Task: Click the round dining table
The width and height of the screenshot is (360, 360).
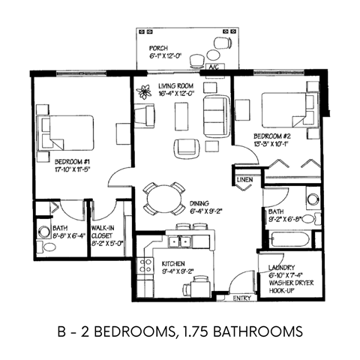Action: pyautogui.click(x=163, y=199)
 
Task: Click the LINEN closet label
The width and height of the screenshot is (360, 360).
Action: pyautogui.click(x=244, y=181)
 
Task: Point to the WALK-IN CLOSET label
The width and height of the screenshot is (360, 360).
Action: pyautogui.click(x=106, y=230)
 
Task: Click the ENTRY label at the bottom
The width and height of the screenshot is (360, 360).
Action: pyautogui.click(x=243, y=298)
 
